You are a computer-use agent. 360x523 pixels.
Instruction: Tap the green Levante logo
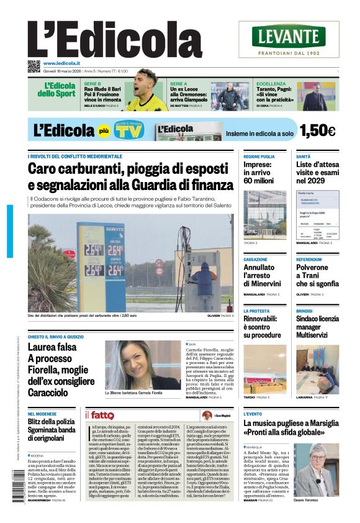tap(288, 36)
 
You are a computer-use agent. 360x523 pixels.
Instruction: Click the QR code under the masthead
tap(34, 65)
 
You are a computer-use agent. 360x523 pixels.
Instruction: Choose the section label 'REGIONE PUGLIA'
tap(259, 157)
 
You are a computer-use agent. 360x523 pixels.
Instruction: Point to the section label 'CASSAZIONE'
tap(256, 260)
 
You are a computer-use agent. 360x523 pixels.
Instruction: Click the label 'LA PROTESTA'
tap(256, 311)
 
